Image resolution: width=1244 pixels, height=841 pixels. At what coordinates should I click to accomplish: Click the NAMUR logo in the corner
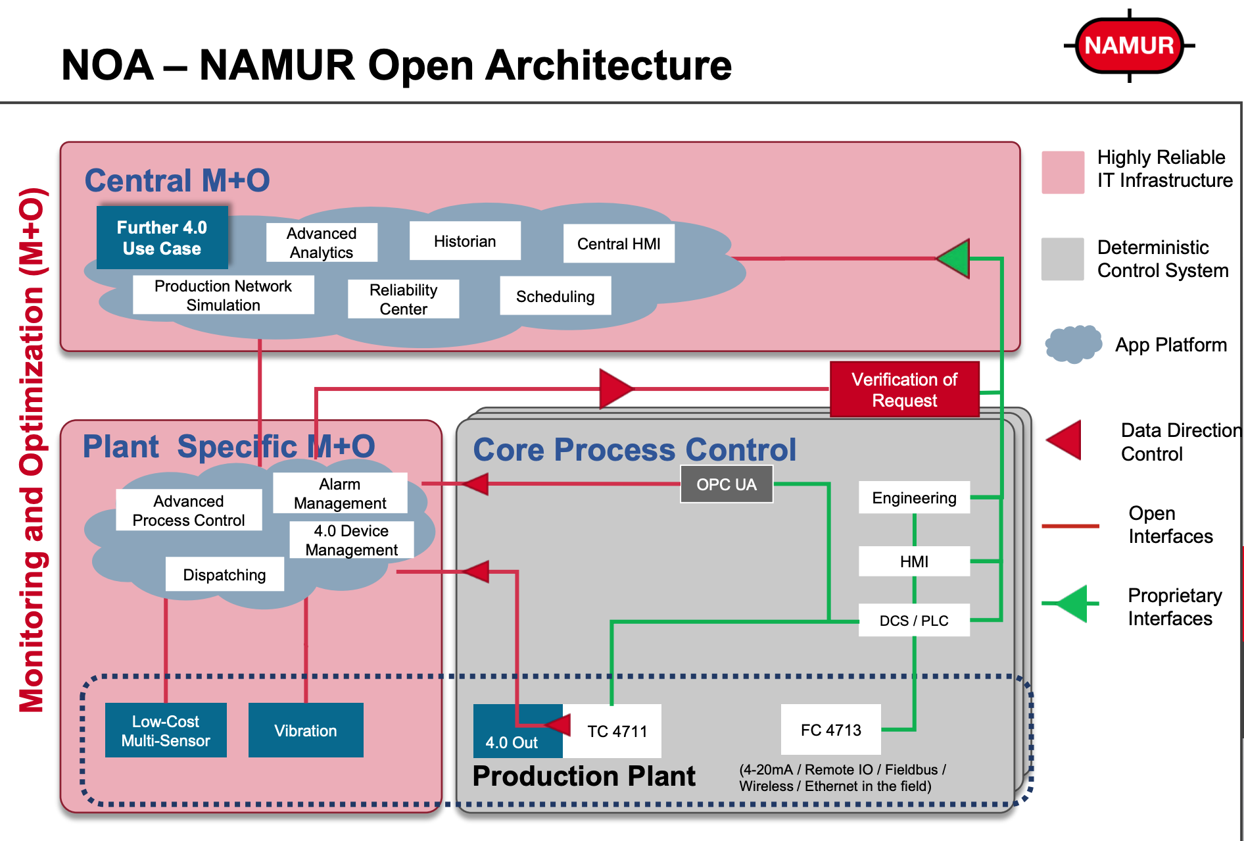pyautogui.click(x=1129, y=45)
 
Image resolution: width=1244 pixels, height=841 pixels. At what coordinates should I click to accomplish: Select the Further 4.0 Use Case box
pyautogui.click(x=162, y=238)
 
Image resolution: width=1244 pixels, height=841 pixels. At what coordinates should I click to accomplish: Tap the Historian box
pyautogui.click(x=465, y=241)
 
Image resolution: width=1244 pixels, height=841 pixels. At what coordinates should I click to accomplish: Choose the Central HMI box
pyautogui.click(x=619, y=243)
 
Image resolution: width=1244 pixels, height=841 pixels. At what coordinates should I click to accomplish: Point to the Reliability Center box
pyautogui.click(x=403, y=299)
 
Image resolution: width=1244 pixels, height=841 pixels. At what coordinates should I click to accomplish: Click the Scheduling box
pyautogui.click(x=555, y=296)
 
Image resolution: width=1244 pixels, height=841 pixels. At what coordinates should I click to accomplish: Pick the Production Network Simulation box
pyautogui.click(x=223, y=295)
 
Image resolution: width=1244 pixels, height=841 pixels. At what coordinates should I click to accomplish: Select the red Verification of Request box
pyautogui.click(x=904, y=390)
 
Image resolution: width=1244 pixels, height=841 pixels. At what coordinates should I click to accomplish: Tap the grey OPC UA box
pyautogui.click(x=726, y=484)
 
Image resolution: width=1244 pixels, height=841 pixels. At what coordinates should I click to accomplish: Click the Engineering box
pyautogui.click(x=914, y=497)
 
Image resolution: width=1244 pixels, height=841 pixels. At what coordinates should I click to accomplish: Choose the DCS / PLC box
pyautogui.click(x=914, y=621)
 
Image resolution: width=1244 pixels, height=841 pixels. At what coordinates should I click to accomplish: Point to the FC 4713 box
pyautogui.click(x=830, y=730)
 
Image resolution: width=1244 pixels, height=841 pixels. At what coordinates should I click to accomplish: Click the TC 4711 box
pyautogui.click(x=617, y=731)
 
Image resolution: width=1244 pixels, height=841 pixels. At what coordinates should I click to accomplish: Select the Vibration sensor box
pyautogui.click(x=306, y=730)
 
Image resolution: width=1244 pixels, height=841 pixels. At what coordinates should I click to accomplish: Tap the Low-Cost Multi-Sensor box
pyautogui.click(x=166, y=730)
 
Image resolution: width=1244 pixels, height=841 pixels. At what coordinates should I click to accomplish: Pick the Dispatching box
pyautogui.click(x=224, y=574)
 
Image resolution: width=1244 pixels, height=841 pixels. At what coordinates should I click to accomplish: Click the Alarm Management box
pyautogui.click(x=340, y=493)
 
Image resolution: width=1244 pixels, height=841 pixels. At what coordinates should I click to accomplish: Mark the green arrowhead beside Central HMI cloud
pyautogui.click(x=955, y=258)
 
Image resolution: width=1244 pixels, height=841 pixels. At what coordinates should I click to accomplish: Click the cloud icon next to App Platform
pyautogui.click(x=1073, y=344)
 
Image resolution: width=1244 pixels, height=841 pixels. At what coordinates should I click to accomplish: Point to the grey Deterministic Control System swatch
pyautogui.click(x=1063, y=259)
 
